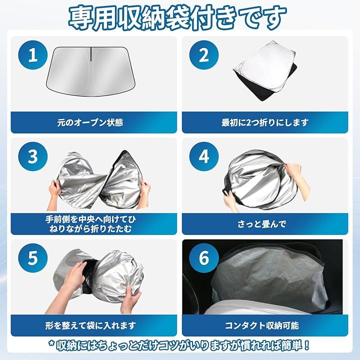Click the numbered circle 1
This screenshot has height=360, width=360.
[x=33, y=55]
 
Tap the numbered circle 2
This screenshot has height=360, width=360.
[x=204, y=55]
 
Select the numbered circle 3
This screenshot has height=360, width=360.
[x=33, y=156]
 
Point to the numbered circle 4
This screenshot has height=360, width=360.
[x=204, y=156]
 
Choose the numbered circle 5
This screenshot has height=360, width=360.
[x=33, y=258]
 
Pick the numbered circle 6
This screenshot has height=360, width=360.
[x=204, y=258]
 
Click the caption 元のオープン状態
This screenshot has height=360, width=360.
[x=90, y=122]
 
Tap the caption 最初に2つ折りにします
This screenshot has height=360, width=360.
[x=264, y=122]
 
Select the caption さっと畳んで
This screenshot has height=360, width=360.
[x=261, y=224]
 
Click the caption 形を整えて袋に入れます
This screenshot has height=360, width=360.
[x=90, y=325]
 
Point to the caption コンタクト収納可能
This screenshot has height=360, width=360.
[x=261, y=325]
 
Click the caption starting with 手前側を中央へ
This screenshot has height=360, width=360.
[x=90, y=224]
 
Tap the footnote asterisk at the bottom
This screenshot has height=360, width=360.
[x=52, y=344]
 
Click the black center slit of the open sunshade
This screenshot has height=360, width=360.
[x=90, y=54]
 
